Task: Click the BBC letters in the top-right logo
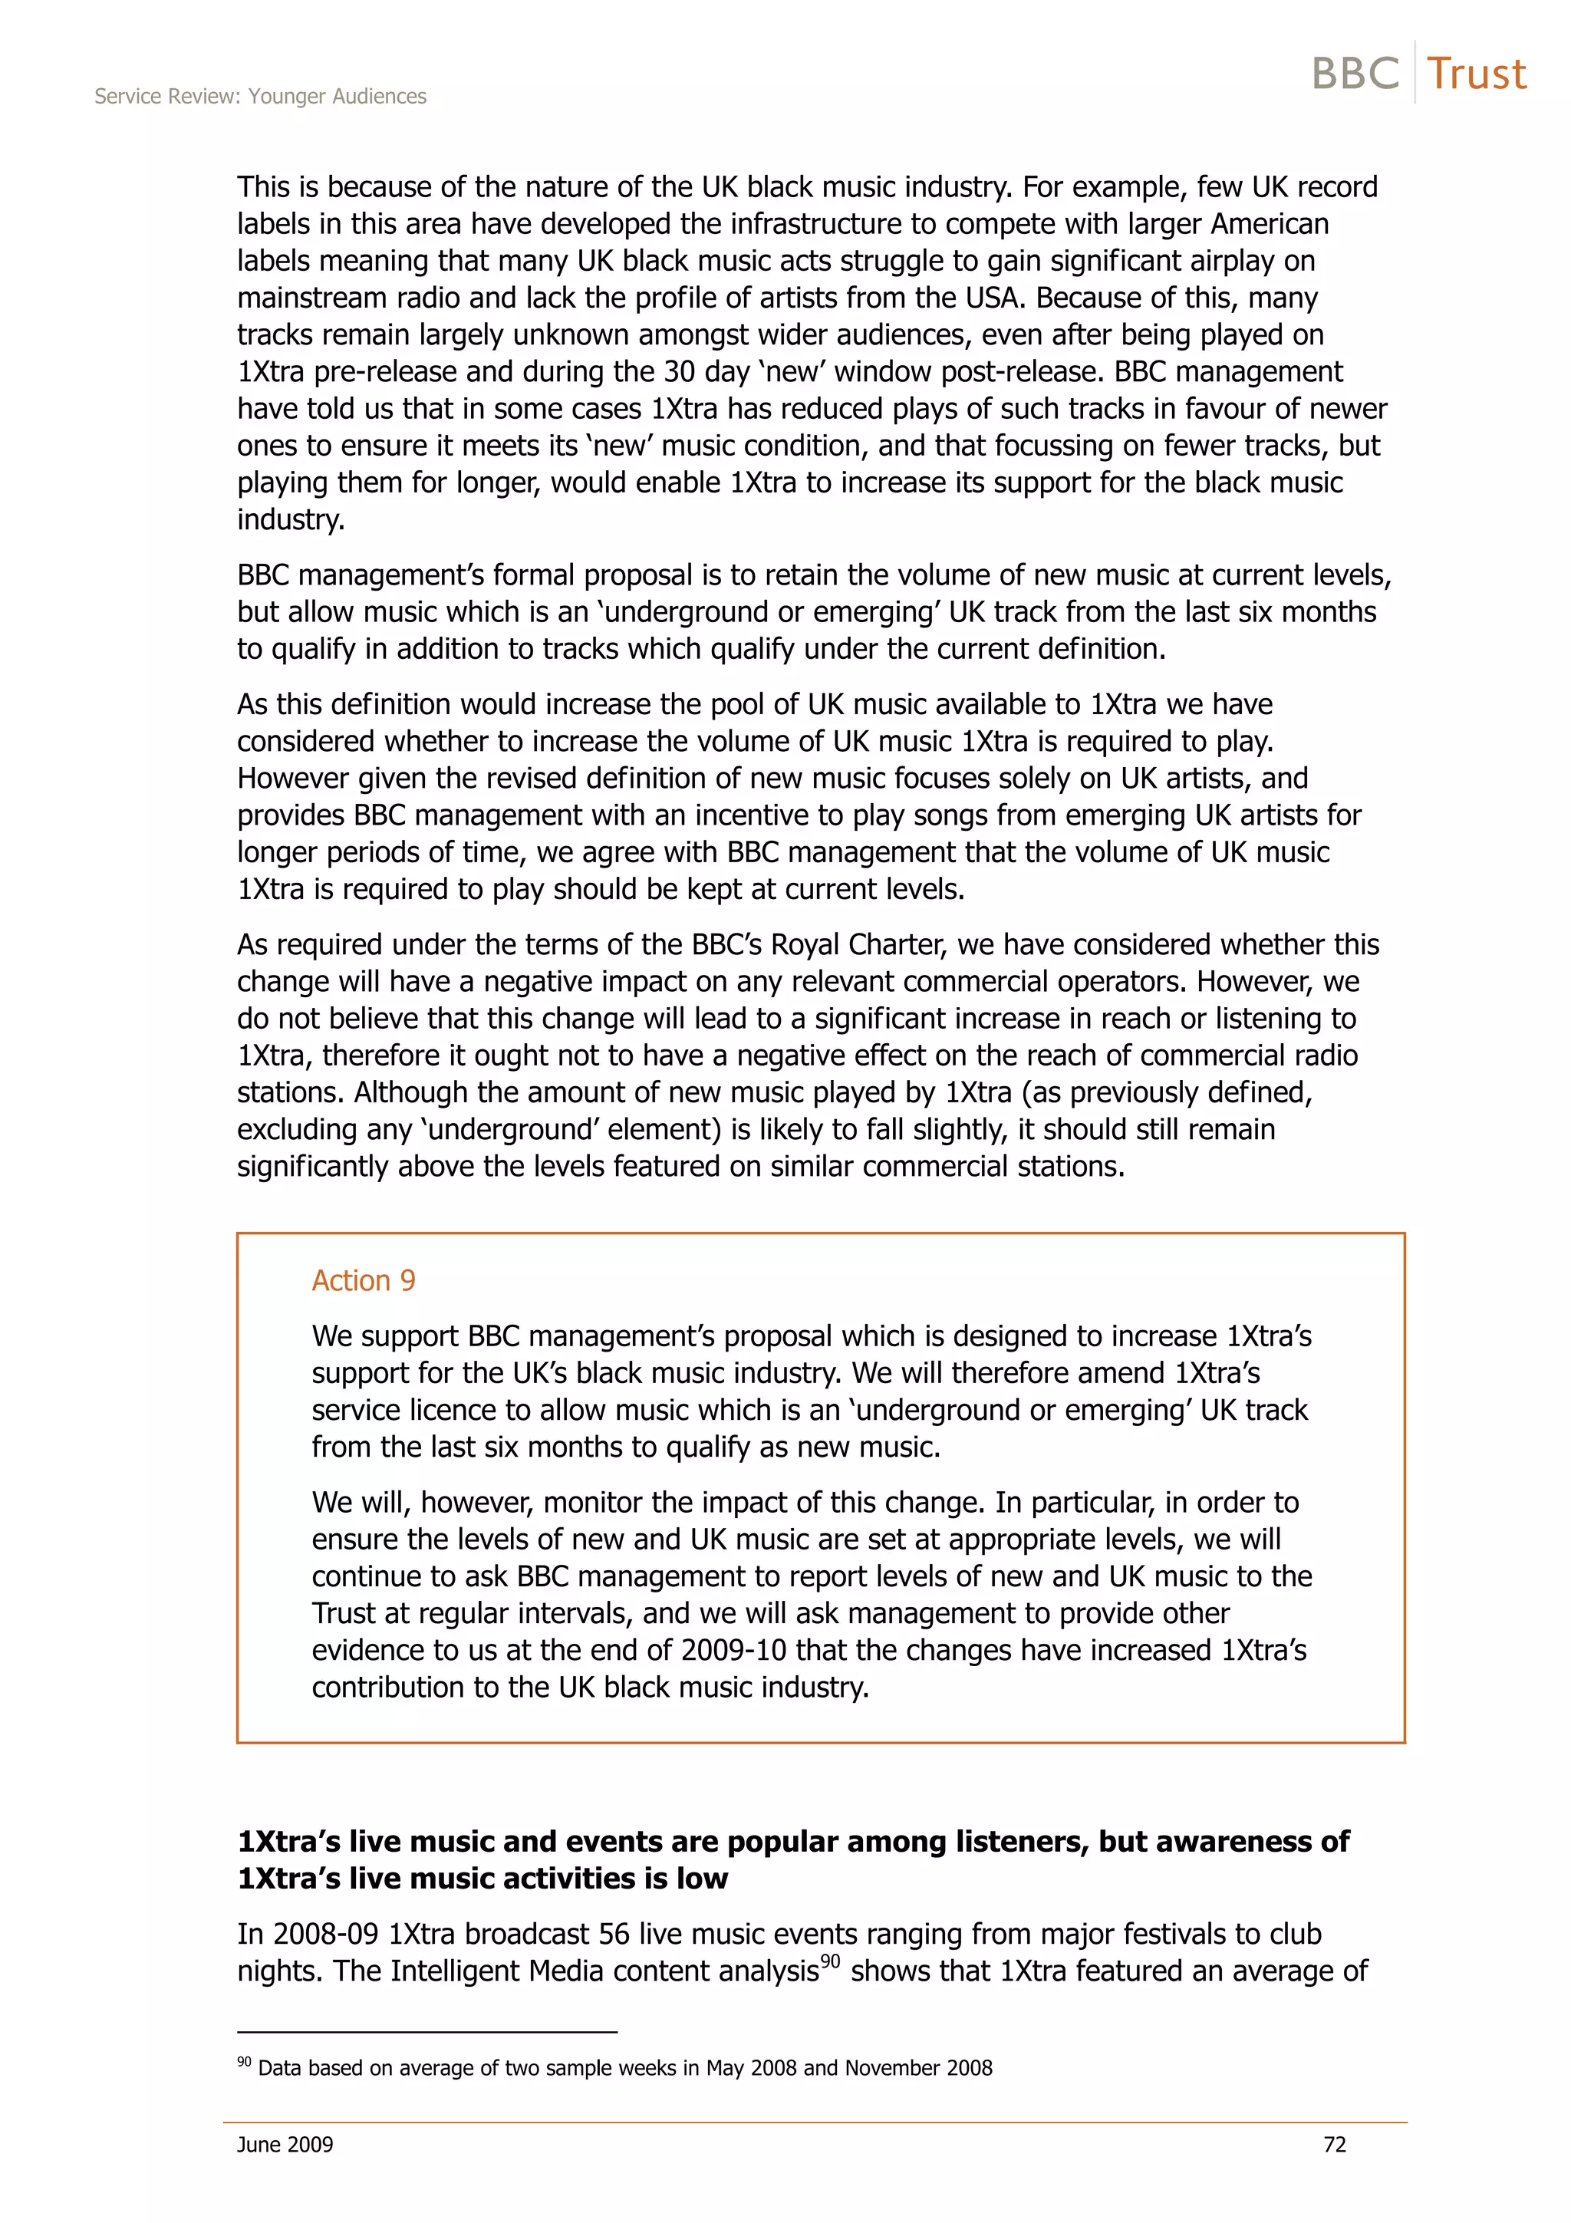tap(1355, 74)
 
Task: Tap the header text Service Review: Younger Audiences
tap(260, 96)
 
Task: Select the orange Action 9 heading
tap(363, 1280)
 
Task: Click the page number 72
tap(1334, 2145)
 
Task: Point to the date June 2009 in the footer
tap(285, 2145)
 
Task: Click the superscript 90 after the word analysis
tap(831, 1961)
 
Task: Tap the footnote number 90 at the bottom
tap(244, 2061)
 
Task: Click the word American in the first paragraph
tap(1269, 224)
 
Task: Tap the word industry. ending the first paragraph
tap(291, 520)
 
